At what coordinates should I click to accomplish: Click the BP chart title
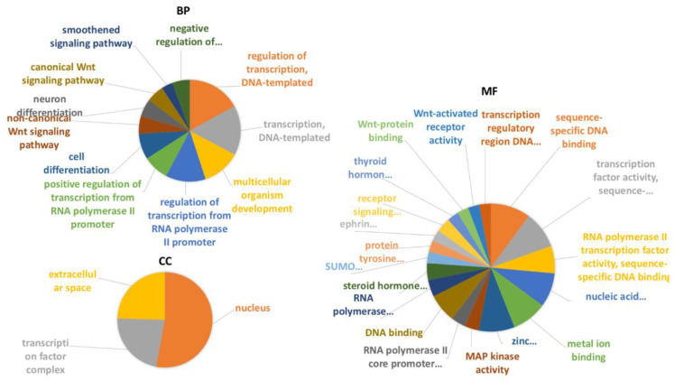pos(187,14)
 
